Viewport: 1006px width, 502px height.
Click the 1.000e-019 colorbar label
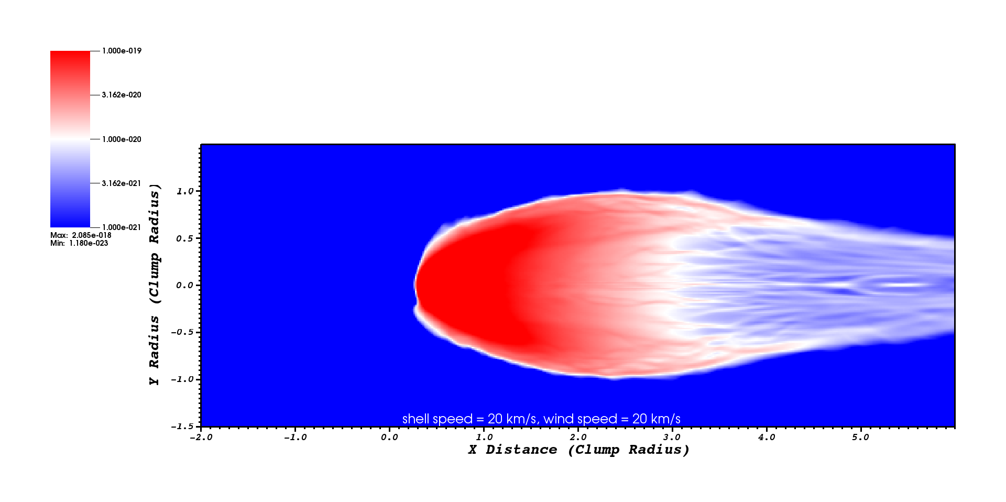click(122, 51)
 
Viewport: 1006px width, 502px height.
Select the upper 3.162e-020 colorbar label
click(122, 95)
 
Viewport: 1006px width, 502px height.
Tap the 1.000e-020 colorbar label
click(122, 139)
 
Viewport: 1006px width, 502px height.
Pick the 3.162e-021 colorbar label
click(122, 183)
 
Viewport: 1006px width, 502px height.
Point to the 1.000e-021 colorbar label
click(122, 227)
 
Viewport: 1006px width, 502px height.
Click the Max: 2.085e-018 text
click(81, 235)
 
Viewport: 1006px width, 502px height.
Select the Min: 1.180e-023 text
click(79, 243)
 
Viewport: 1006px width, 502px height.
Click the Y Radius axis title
click(154, 285)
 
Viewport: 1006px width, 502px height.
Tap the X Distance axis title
click(578, 450)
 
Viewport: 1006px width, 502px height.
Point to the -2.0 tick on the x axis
click(201, 438)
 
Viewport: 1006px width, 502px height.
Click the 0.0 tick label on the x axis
click(389, 438)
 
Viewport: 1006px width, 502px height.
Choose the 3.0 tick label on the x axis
click(672, 438)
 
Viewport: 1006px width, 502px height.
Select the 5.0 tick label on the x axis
click(860, 438)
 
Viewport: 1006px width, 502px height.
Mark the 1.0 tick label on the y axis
click(185, 191)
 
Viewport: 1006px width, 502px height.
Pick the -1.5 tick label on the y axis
click(182, 427)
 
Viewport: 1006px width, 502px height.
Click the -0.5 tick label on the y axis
click(182, 332)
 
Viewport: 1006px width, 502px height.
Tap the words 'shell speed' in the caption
click(438, 419)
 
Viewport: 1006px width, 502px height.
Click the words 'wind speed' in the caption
click(580, 419)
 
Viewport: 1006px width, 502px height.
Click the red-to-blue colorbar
click(70, 139)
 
